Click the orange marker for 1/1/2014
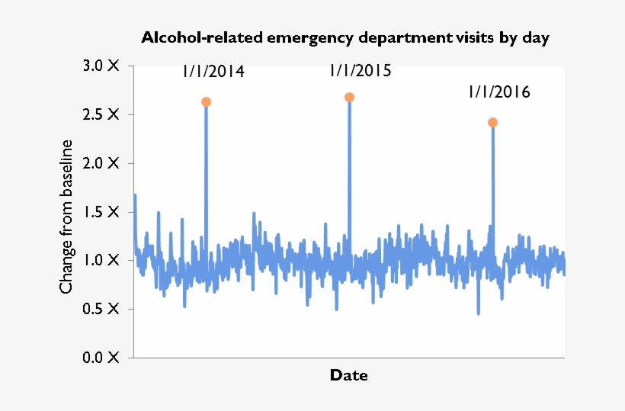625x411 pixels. point(206,102)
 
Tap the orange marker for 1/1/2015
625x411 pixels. point(350,98)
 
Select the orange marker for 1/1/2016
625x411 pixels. point(493,123)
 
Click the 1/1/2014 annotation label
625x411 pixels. point(213,72)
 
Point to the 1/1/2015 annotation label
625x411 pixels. point(361,71)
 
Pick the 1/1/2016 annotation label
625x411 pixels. point(499,92)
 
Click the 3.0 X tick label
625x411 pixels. point(101,66)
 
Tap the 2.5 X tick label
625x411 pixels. point(101,114)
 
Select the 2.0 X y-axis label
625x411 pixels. point(101,163)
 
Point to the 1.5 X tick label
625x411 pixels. point(101,212)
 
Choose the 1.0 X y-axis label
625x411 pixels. point(101,260)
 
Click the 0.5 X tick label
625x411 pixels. point(101,309)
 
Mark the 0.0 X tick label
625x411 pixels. point(101,357)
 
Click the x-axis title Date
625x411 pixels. point(348,375)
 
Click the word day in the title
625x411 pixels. point(535,38)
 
